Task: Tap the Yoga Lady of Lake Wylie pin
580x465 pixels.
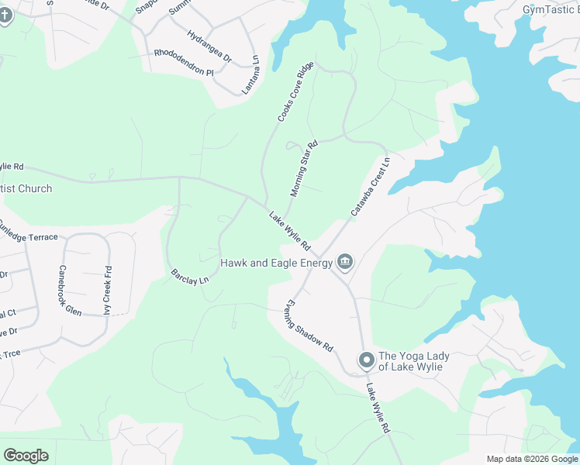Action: coord(366,360)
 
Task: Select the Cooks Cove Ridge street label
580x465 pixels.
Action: coord(296,92)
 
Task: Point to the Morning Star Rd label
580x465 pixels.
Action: coord(304,168)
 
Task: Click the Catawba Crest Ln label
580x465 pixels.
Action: coord(370,186)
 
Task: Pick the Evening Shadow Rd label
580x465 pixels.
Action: coord(309,325)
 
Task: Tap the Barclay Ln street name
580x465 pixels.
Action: coord(190,275)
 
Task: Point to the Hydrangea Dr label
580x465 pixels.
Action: coord(209,46)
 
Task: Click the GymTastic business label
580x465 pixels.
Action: coord(551,9)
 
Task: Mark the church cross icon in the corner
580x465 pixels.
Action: coord(5,15)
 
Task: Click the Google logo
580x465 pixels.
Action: coord(26,455)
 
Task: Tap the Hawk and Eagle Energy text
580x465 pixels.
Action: coord(276,263)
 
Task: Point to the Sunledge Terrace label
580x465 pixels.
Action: coord(28,231)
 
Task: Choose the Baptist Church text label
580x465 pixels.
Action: coord(26,188)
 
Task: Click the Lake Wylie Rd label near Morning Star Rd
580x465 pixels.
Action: coord(290,231)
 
